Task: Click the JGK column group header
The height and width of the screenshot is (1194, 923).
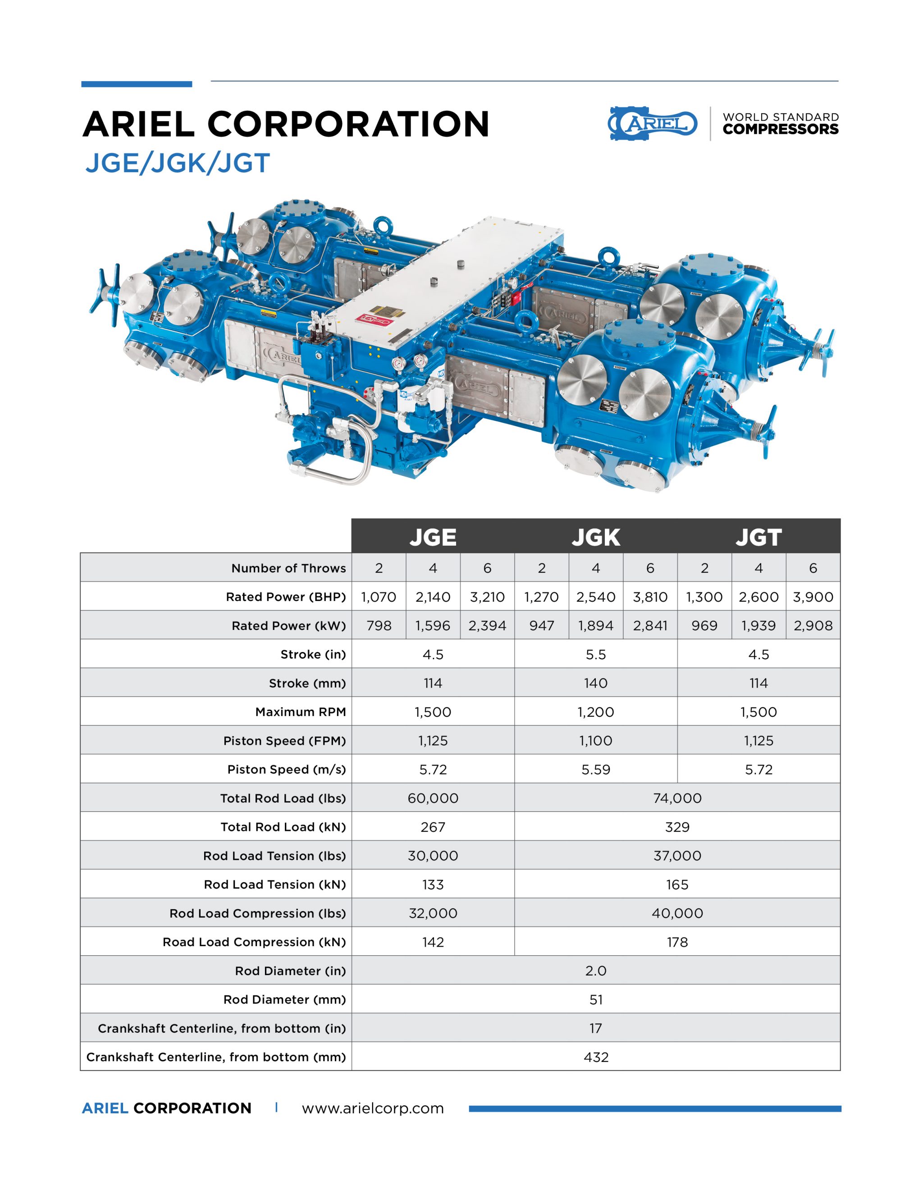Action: [x=595, y=537]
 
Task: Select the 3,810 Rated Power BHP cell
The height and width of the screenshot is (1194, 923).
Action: [x=650, y=597]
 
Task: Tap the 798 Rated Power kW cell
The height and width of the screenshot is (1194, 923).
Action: [x=379, y=625]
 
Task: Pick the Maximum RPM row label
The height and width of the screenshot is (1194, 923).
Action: [x=300, y=712]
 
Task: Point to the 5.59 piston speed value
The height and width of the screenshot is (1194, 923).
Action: [x=595, y=769]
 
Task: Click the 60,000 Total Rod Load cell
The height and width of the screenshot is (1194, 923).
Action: [x=433, y=798]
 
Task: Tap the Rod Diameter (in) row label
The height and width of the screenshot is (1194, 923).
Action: [x=290, y=971]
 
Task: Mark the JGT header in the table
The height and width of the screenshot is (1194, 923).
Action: [x=759, y=537]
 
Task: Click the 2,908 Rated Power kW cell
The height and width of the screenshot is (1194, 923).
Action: [x=813, y=625]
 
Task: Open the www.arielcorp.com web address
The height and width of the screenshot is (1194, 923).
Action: [x=372, y=1108]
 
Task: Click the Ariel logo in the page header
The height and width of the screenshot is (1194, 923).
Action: [x=653, y=123]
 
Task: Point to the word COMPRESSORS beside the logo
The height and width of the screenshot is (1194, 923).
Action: [x=780, y=130]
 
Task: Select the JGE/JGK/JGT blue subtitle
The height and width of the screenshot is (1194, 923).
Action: [x=177, y=163]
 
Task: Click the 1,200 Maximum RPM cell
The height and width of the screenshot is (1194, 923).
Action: [x=595, y=712]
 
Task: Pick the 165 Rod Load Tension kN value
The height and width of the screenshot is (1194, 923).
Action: [x=677, y=884]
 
